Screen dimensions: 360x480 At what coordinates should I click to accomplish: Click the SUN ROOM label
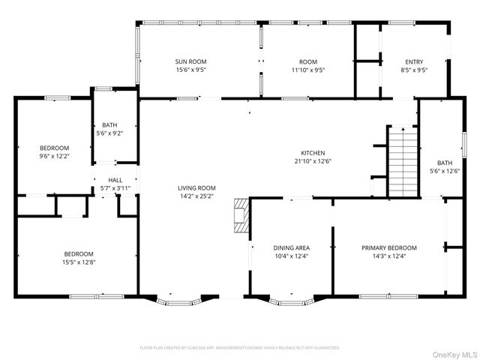190,61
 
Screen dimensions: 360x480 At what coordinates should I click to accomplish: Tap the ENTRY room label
414,61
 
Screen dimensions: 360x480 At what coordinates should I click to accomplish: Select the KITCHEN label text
313,153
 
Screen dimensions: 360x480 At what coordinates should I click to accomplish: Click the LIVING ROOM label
196,187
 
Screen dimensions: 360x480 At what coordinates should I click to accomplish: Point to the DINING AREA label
291,247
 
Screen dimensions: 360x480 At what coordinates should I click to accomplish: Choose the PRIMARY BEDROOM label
388,247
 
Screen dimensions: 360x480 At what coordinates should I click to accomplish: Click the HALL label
115,180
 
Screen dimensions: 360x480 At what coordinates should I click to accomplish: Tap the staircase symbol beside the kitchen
403,161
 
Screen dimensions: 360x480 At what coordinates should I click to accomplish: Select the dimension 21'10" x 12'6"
313,160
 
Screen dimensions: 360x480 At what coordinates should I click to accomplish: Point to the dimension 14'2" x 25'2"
196,196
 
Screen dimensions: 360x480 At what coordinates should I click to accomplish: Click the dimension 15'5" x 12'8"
78,262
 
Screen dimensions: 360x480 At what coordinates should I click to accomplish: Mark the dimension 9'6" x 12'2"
54,156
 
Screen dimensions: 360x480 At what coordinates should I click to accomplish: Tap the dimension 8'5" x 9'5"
414,70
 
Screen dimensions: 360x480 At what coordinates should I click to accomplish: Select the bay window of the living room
178,302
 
